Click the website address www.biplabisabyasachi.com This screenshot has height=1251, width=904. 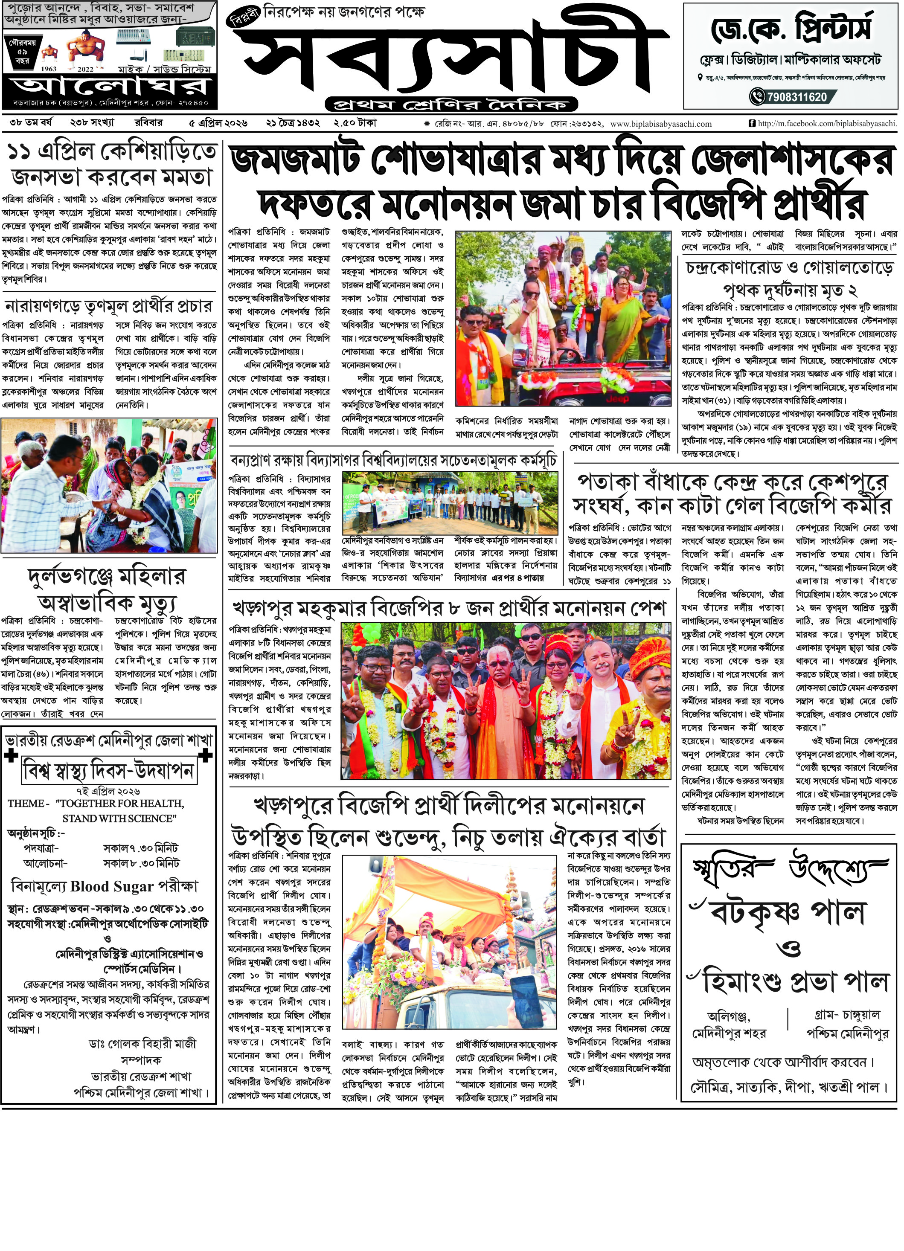pos(661,124)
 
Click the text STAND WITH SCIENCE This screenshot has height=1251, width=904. pos(119,819)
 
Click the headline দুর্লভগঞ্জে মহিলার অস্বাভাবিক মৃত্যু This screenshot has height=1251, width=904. pos(108,589)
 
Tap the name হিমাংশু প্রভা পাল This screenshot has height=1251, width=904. pos(794,981)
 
